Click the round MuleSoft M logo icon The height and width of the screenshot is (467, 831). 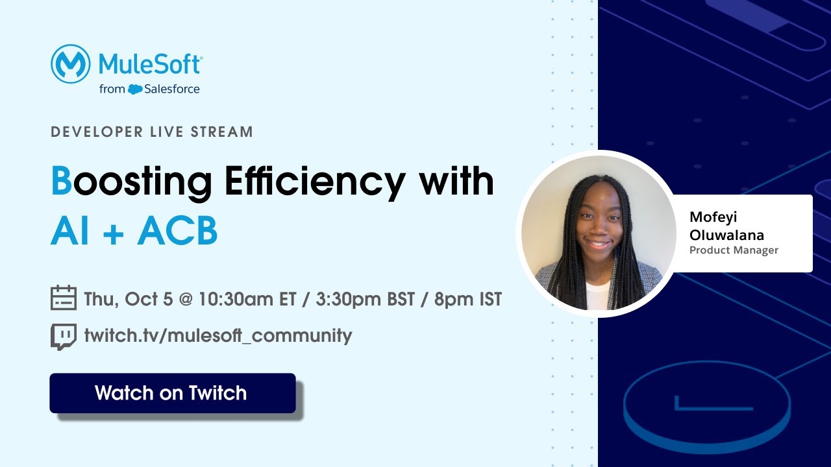(70, 64)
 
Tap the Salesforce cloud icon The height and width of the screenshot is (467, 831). (135, 90)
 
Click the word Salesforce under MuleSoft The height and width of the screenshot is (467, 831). (172, 89)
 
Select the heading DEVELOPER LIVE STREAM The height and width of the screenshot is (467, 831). (152, 132)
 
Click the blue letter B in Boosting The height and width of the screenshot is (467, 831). (61, 182)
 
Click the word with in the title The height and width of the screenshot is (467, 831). (456, 182)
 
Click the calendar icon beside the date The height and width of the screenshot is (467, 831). (64, 298)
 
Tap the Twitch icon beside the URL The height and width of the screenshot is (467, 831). (64, 336)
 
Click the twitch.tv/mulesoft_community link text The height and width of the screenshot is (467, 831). (218, 336)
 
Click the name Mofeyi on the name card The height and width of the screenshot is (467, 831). (713, 217)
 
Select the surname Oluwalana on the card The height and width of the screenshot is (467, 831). (726, 235)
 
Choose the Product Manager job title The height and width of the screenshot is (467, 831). (734, 250)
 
